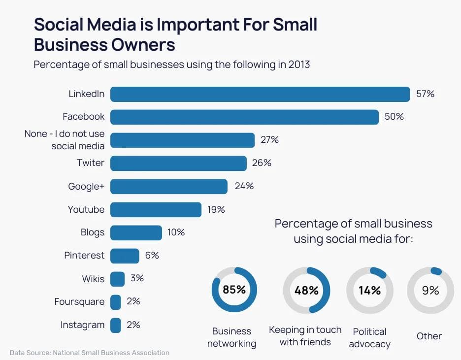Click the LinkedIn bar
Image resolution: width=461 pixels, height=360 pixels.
click(260, 94)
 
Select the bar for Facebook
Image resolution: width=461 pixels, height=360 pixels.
click(244, 117)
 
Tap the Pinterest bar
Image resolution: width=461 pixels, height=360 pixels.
click(125, 256)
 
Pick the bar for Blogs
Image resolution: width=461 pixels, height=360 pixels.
click(136, 232)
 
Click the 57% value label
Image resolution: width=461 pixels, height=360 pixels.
click(425, 94)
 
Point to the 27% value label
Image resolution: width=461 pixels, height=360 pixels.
click(269, 140)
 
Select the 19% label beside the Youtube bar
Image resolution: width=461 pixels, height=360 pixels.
click(216, 210)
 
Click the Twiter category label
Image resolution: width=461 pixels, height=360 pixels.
click(91, 163)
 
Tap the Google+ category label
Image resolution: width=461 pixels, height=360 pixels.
click(86, 186)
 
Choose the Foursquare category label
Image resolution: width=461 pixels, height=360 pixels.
click(79, 302)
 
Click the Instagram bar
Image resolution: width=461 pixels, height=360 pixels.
click(116, 325)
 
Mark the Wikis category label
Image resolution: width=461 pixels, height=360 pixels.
click(93, 279)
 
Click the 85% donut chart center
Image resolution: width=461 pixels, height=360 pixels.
click(234, 290)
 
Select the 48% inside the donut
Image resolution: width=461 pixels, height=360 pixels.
click(306, 291)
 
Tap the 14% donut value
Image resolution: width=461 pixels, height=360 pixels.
click(369, 291)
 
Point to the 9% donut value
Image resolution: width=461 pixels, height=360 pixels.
click(430, 291)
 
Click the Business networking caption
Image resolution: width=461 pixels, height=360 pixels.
click(231, 337)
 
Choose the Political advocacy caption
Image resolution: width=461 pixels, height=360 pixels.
click(369, 338)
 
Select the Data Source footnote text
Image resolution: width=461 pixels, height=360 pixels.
click(90, 353)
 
